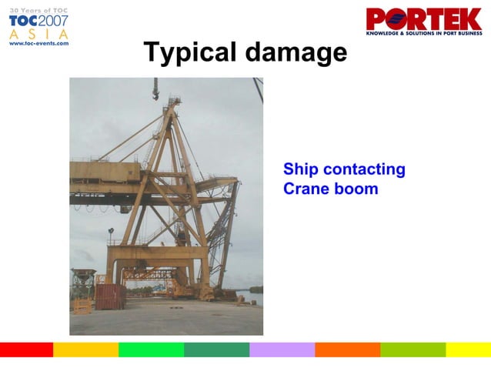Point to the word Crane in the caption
306,189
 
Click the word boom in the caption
356,189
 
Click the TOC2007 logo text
38,22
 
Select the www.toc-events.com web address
38,44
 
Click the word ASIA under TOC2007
38,35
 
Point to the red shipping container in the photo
110,296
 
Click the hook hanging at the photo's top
155,95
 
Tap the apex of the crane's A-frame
174,101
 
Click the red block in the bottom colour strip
26,350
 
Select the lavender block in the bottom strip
282,350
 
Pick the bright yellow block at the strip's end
468,350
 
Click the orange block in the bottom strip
347,350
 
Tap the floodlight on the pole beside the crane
111,231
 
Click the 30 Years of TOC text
38,8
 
